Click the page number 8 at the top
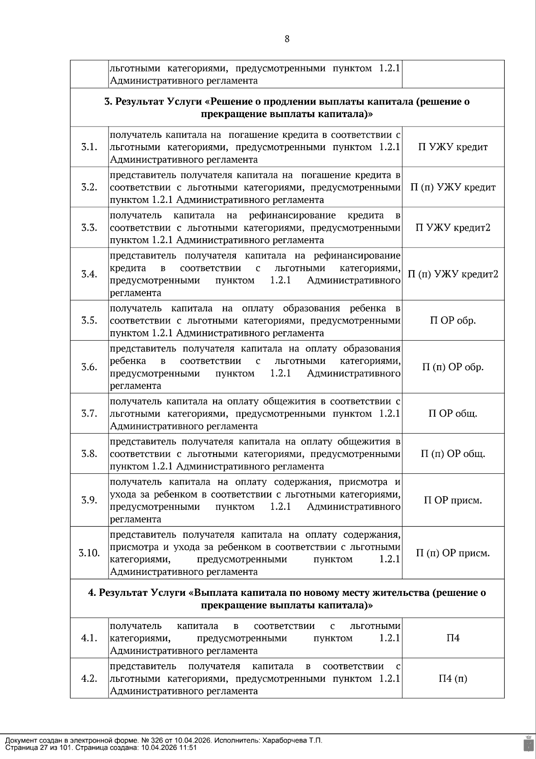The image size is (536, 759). point(287,39)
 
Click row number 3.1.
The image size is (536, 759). point(89,147)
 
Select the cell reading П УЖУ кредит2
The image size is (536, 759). point(453,228)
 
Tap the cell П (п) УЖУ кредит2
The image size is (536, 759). point(453,274)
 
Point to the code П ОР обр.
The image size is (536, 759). point(453,320)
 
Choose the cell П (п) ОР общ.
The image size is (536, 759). point(453,454)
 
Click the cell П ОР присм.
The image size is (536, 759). point(453,500)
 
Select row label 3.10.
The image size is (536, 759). point(89,553)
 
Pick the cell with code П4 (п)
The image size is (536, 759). point(453,679)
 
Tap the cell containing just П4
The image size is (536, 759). point(453,638)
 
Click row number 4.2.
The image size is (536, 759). point(89,679)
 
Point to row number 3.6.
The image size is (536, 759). point(89,367)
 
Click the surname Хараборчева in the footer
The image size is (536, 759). point(283,740)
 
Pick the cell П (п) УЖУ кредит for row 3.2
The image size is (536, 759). point(453,187)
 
